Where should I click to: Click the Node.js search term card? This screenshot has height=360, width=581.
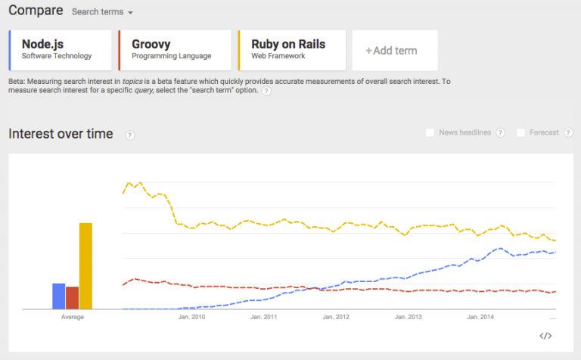(x=61, y=50)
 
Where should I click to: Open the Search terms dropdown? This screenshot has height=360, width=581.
(x=102, y=13)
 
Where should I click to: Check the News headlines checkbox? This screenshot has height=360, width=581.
(x=430, y=133)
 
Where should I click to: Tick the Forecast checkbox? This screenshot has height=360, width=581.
(x=520, y=133)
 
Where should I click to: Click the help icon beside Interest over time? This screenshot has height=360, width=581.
(x=129, y=135)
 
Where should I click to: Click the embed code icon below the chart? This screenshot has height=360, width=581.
(x=545, y=336)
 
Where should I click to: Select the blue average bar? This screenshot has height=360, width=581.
(x=58, y=296)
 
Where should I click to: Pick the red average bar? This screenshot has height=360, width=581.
(x=72, y=298)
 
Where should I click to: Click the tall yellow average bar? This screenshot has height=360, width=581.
(x=85, y=265)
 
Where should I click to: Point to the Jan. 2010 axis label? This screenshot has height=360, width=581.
(x=192, y=317)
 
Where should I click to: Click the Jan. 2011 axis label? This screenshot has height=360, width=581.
(x=266, y=317)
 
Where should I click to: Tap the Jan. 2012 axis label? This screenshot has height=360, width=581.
(x=337, y=317)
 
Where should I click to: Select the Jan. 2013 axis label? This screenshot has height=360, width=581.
(x=409, y=317)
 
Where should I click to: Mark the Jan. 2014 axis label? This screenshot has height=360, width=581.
(x=481, y=317)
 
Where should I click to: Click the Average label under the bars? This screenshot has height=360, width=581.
(x=73, y=317)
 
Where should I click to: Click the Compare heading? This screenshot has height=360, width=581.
(x=35, y=11)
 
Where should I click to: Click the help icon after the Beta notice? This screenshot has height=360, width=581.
(x=266, y=91)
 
